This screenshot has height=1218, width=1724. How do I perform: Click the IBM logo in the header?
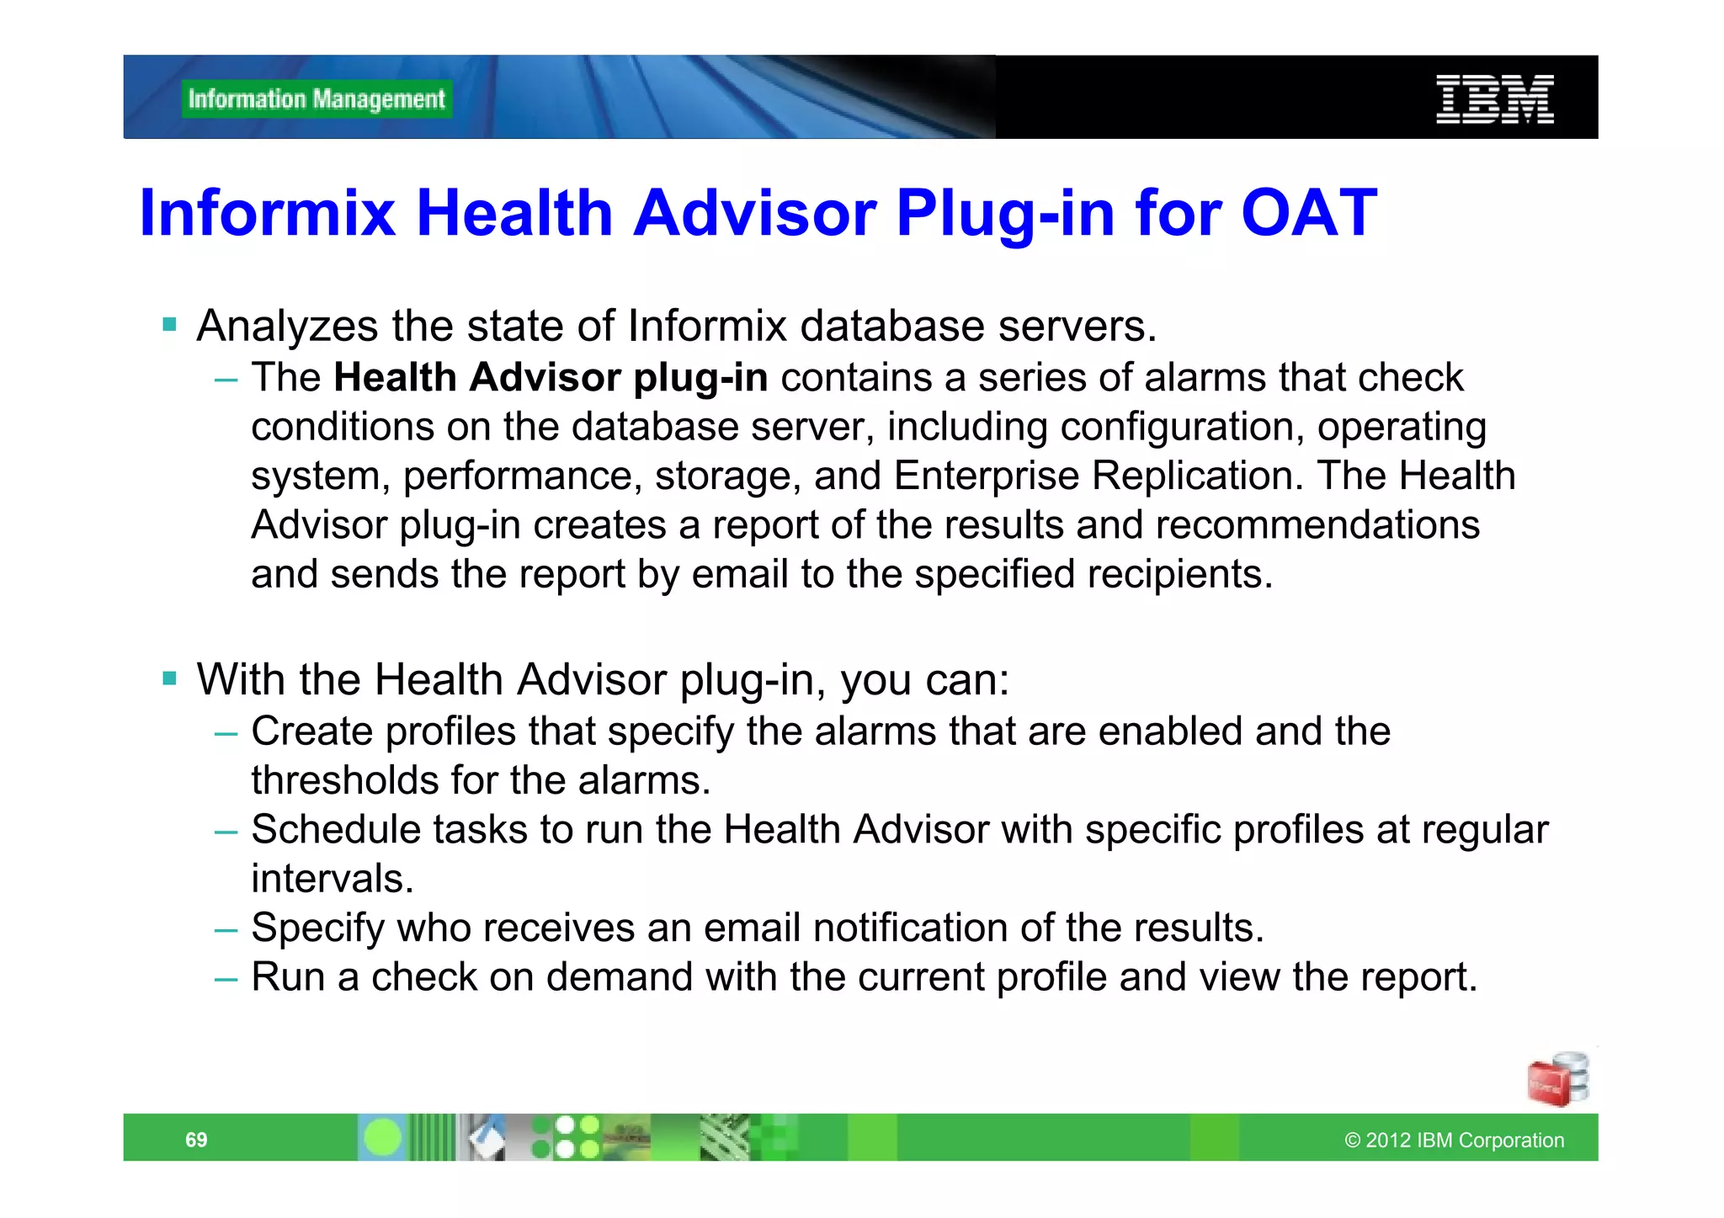pyautogui.click(x=1494, y=99)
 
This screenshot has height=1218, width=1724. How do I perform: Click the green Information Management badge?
pyautogui.click(x=317, y=99)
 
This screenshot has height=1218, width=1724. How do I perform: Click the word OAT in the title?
pyautogui.click(x=1309, y=213)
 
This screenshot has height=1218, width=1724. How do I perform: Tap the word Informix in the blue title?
pyautogui.click(x=267, y=213)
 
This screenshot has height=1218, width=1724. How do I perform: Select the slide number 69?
pyautogui.click(x=196, y=1140)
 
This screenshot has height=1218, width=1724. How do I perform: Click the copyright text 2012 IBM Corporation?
pyautogui.click(x=1455, y=1141)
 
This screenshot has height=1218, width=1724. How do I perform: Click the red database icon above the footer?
pyautogui.click(x=1557, y=1080)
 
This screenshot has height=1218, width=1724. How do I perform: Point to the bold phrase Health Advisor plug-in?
pyautogui.click(x=551, y=378)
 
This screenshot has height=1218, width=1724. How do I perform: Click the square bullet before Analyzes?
pyautogui.click(x=170, y=325)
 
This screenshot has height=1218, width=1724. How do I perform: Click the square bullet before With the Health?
pyautogui.click(x=170, y=678)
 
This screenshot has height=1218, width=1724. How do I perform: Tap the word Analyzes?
pyautogui.click(x=287, y=327)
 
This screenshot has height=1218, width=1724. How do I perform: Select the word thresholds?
pyautogui.click(x=344, y=781)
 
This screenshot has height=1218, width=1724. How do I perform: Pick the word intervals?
pyautogui.click(x=333, y=880)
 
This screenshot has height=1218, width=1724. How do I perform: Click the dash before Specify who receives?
pyautogui.click(x=226, y=930)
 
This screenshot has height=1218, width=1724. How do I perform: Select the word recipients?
pyautogui.click(x=1176, y=575)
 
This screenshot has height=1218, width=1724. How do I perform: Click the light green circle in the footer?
pyautogui.click(x=383, y=1138)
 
